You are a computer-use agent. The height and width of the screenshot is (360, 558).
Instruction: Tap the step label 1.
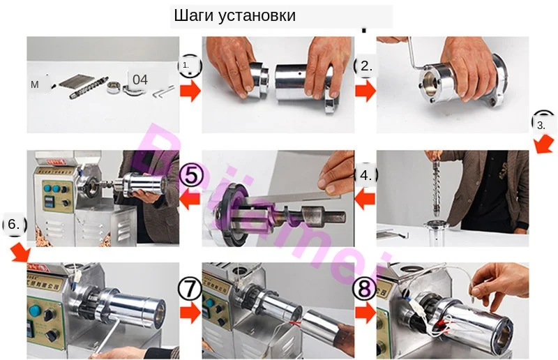pyautogui.click(x=186, y=65)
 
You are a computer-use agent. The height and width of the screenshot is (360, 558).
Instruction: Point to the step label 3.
pyautogui.click(x=542, y=126)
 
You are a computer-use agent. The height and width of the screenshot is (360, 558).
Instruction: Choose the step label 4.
pyautogui.click(x=365, y=174)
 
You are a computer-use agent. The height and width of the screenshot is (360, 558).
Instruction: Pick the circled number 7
pyautogui.click(x=190, y=286)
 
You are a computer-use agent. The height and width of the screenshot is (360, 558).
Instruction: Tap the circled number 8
pyautogui.click(x=365, y=286)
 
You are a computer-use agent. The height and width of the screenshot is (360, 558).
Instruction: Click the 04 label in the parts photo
pyautogui.click(x=140, y=80)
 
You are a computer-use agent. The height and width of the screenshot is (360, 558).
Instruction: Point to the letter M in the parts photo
pyautogui.click(x=35, y=84)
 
